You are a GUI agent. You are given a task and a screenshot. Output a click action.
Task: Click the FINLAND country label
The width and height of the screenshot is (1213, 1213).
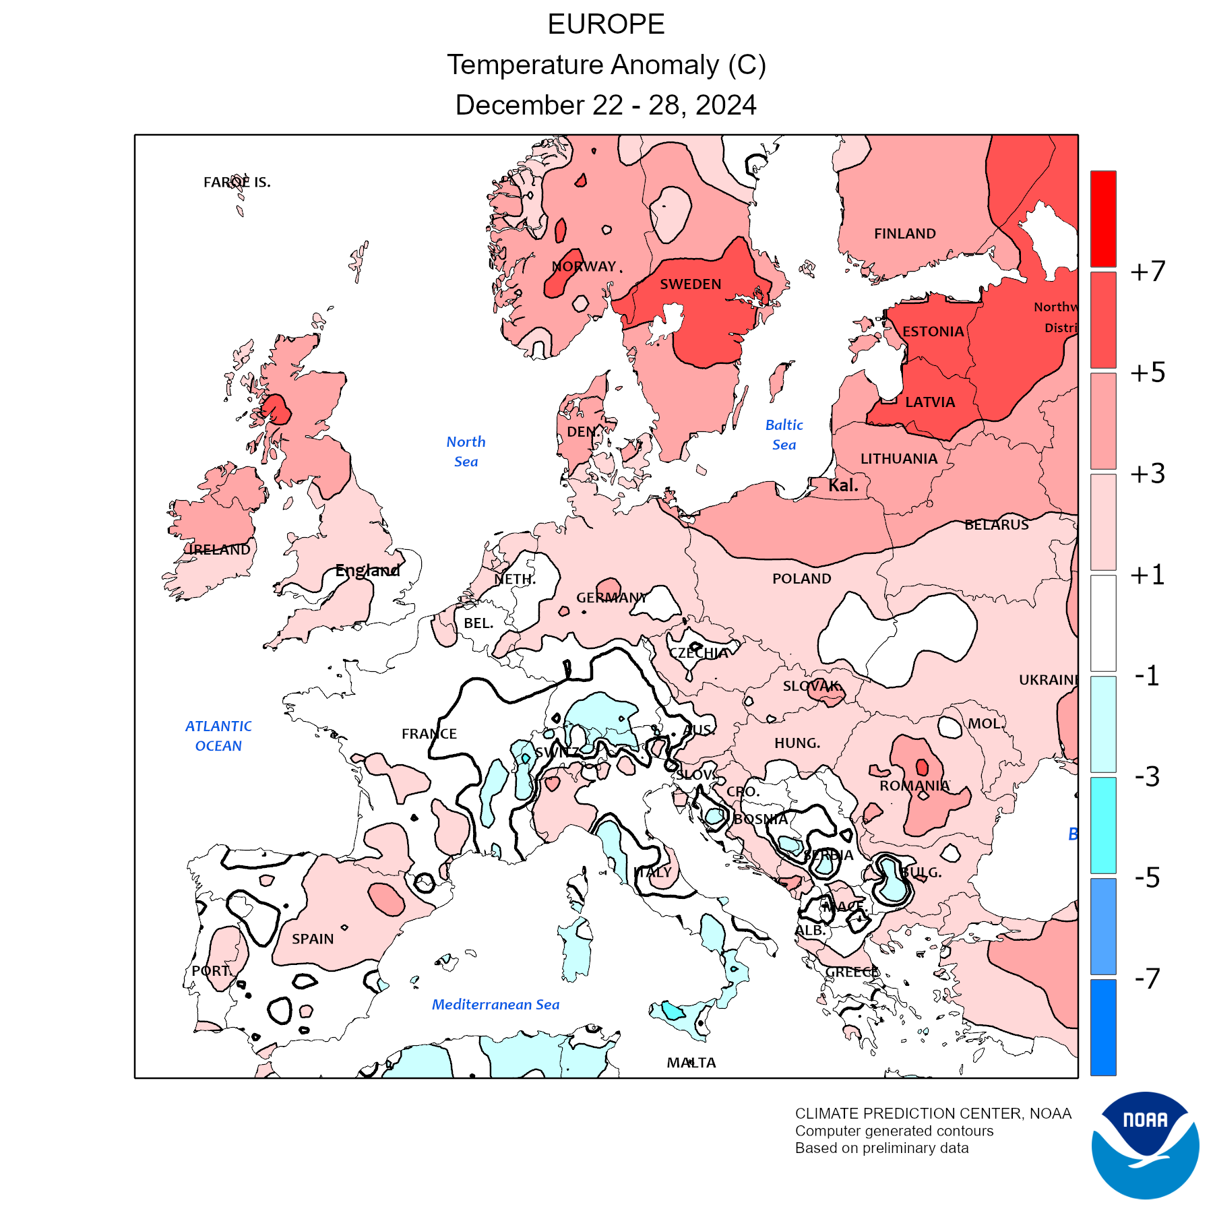tap(904, 234)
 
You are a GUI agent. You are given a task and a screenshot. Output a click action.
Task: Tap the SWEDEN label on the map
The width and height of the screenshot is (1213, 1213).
tap(690, 284)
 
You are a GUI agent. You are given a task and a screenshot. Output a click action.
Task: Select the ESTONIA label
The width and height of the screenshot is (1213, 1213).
tap(933, 332)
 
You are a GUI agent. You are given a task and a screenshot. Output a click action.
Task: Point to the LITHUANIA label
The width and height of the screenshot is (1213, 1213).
tap(898, 459)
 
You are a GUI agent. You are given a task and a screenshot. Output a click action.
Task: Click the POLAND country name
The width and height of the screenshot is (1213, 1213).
tap(801, 579)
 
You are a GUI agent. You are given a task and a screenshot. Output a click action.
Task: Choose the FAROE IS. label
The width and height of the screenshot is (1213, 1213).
tap(237, 182)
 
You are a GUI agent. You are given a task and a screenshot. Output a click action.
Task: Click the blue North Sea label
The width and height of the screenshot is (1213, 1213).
tap(466, 452)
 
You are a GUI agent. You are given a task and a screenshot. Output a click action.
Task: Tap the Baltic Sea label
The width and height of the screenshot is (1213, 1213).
tap(784, 435)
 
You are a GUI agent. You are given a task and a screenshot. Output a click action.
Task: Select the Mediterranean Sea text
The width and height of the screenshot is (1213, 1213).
tap(495, 1005)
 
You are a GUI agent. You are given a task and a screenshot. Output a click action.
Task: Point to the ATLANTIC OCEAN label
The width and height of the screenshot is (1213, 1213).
tap(218, 736)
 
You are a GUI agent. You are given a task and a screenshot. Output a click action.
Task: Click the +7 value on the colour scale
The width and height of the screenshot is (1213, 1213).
tap(1148, 272)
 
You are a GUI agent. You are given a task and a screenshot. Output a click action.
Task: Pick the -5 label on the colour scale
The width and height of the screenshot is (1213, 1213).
tap(1147, 877)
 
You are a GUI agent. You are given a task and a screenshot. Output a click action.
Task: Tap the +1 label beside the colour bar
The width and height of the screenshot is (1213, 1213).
tap(1148, 575)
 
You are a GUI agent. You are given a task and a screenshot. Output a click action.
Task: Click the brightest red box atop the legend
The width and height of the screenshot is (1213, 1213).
tap(1103, 219)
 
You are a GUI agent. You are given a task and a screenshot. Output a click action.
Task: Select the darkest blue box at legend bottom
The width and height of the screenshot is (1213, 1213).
tap(1103, 1027)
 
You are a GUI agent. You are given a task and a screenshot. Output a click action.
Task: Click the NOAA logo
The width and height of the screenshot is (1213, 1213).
tap(1145, 1145)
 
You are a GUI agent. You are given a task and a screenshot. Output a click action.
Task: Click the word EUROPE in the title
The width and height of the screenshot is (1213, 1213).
tap(606, 25)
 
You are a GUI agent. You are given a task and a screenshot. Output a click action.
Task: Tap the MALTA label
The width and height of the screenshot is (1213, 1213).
tap(691, 1063)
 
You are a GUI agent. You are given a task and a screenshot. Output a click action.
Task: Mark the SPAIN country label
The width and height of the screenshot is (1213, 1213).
tap(313, 939)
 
